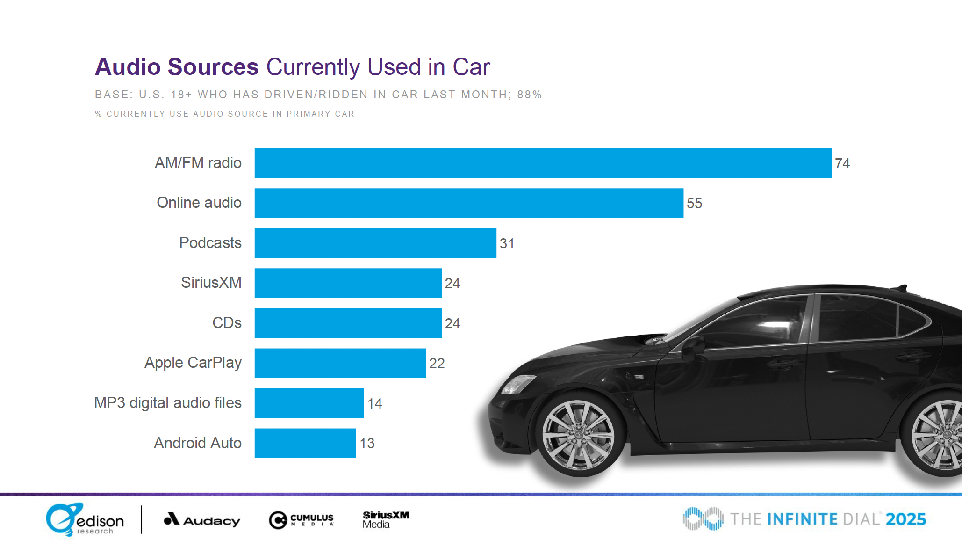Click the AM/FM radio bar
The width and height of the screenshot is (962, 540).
[543, 163]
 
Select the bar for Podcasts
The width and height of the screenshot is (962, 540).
[375, 243]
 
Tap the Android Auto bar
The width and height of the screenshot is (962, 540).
[305, 443]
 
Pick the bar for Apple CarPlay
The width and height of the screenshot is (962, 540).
[340, 363]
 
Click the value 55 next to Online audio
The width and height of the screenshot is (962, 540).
[694, 203]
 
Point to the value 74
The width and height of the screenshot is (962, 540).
[842, 163]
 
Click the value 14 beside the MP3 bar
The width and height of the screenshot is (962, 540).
[374, 403]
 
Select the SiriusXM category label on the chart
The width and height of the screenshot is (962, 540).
[211, 283]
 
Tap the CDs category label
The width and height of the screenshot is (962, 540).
[227, 323]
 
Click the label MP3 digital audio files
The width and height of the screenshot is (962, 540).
[167, 403]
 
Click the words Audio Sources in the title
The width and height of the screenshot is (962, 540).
[177, 67]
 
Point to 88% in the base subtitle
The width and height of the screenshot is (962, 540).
[529, 95]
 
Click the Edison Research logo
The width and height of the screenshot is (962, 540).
[84, 519]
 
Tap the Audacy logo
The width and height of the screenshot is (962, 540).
[202, 520]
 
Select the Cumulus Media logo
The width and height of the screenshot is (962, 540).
[301, 520]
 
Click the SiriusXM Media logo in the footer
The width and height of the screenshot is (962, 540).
[386, 519]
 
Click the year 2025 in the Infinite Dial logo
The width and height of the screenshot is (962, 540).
[905, 519]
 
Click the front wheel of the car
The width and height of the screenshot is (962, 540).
[578, 435]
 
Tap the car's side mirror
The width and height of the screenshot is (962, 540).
[692, 347]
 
